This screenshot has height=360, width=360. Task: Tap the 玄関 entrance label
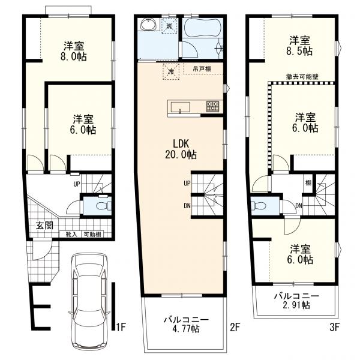point(44,226)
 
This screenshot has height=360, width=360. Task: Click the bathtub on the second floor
point(202,29)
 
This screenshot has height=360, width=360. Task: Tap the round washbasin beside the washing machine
point(148,26)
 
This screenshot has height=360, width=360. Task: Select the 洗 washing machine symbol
point(169,26)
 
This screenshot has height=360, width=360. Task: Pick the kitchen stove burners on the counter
point(213,107)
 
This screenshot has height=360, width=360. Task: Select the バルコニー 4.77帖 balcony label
point(185,325)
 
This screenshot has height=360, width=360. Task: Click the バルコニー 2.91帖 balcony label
point(296,301)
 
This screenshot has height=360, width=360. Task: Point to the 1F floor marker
point(121,328)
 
